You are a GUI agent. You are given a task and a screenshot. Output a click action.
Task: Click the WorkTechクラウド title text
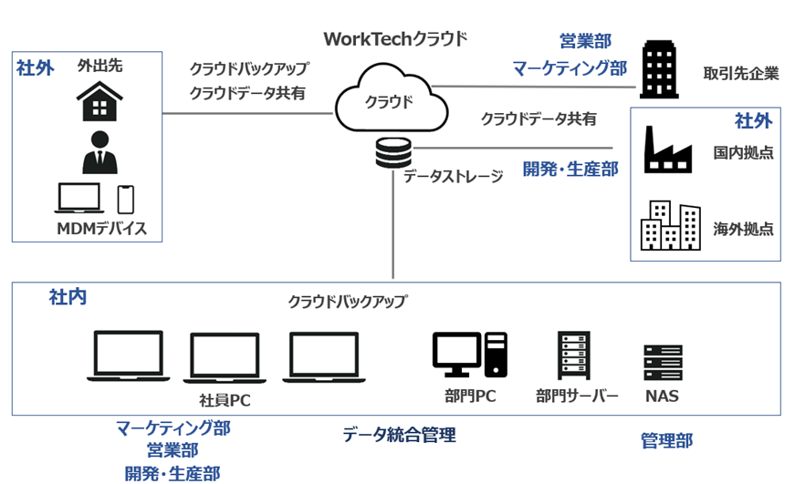395,39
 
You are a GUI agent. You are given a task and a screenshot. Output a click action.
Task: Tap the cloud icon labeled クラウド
391,98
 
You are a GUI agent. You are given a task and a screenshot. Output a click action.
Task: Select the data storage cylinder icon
393,153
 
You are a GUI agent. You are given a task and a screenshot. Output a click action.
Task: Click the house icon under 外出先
99,101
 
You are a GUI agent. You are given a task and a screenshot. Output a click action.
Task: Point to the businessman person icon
99,152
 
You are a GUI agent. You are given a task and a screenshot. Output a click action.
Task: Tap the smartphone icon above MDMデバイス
126,200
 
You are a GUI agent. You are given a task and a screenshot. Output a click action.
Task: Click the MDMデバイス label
102,229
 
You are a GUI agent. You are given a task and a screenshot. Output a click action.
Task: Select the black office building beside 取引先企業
659,69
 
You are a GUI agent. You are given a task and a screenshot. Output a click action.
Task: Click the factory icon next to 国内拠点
668,150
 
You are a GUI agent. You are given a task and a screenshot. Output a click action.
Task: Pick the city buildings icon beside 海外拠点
670,226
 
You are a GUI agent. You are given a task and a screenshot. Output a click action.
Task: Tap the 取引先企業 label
741,74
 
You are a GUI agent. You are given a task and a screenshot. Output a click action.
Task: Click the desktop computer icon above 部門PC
469,355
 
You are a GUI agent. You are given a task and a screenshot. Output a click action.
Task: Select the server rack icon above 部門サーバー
573,355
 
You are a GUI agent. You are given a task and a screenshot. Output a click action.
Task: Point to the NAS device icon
663,363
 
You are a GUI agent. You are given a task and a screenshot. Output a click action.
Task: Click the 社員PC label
225,400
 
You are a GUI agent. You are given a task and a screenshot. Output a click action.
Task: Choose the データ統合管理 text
399,435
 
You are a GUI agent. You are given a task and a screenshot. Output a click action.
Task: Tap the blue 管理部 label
666,440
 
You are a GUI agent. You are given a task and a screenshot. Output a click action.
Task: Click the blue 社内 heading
68,296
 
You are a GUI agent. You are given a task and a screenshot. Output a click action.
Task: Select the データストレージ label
454,176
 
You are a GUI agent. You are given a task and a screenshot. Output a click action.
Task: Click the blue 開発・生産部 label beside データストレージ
570,169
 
